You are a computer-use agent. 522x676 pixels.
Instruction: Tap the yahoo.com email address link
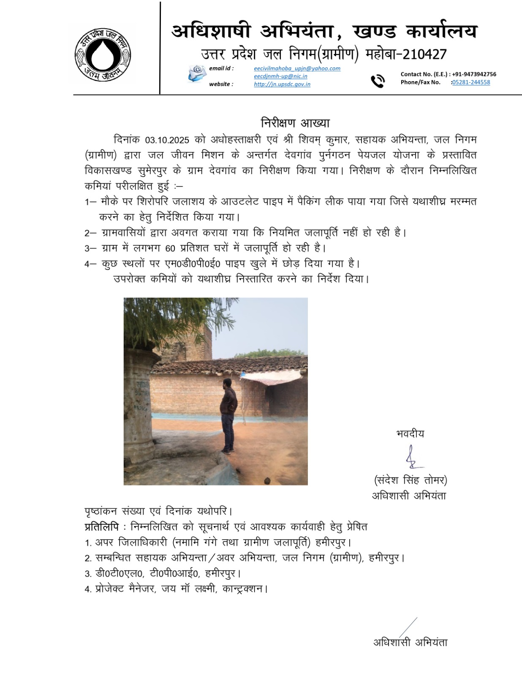point(297,68)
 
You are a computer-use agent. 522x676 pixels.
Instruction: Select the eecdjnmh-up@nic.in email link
point(280,76)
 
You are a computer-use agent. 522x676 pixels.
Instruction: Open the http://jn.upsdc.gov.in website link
point(282,84)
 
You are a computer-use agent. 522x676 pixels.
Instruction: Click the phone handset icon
point(378,81)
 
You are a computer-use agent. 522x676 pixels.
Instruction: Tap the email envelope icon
point(197,74)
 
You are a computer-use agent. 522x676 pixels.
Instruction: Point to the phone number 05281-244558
point(471,82)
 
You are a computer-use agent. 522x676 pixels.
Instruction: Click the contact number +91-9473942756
point(474,74)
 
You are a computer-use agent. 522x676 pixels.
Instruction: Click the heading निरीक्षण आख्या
point(295,123)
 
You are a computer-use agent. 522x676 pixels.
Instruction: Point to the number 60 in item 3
point(170,248)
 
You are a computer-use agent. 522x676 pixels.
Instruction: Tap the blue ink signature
point(413,458)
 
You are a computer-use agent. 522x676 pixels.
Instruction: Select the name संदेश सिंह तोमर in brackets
point(410,480)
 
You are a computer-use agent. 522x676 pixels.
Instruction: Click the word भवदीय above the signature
point(410,434)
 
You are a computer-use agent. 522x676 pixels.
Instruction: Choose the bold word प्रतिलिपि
point(102,527)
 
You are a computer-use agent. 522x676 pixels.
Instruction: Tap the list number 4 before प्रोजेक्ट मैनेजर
point(87,589)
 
